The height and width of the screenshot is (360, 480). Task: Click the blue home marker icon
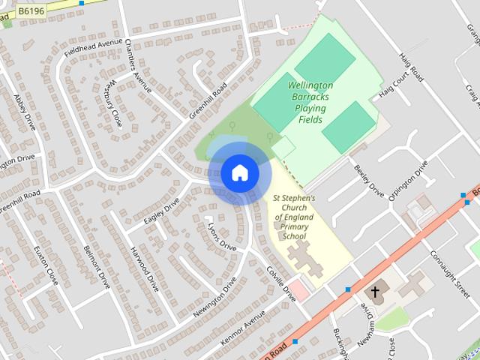click(239, 172)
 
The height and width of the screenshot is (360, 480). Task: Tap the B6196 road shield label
click(31, 10)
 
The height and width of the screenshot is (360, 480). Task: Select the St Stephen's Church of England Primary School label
click(294, 217)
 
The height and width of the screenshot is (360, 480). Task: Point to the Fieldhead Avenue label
click(93, 53)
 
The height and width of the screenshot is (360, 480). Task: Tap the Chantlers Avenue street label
click(139, 66)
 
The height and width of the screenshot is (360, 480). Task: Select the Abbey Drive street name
click(24, 112)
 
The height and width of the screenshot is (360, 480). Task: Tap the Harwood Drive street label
click(144, 268)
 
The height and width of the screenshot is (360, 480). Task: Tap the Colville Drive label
click(282, 285)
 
